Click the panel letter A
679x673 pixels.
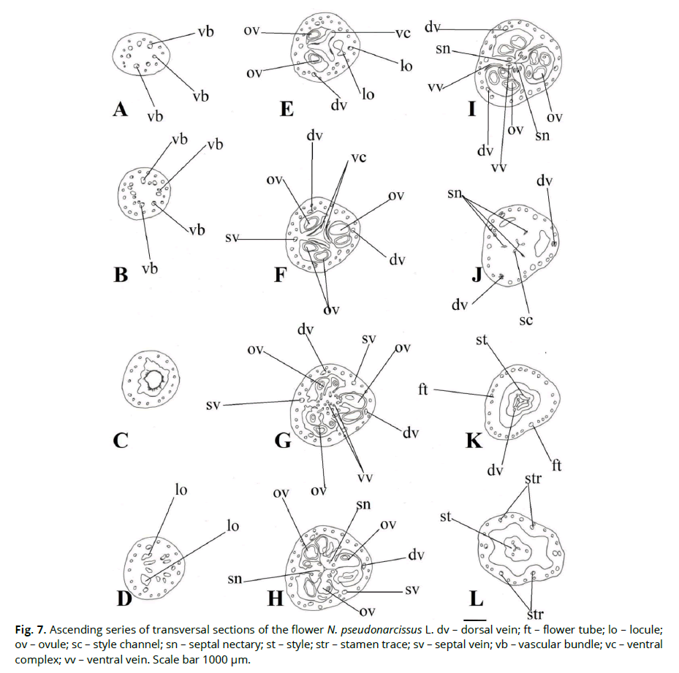coord(121,110)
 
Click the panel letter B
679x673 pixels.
coord(121,275)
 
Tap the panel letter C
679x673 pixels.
coord(121,441)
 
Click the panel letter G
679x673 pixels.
coord(282,441)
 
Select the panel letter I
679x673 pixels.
coord(472,110)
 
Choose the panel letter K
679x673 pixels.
coord(473,441)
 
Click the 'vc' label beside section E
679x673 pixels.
coord(402,33)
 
